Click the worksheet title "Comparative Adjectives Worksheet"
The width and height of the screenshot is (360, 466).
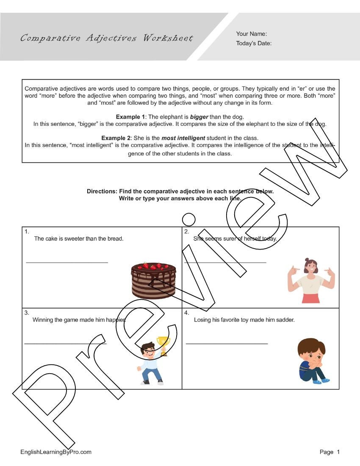coord(106,38)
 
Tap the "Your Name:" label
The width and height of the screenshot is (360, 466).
coord(252,34)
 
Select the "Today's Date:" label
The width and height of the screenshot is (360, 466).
coord(254,43)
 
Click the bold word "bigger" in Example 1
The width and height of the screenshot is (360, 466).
coord(199,116)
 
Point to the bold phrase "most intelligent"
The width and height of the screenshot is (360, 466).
coord(183,138)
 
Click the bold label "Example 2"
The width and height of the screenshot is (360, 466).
coord(116,138)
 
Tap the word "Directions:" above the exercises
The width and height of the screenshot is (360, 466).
coord(102,191)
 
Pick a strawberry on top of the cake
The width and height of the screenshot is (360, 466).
coord(146,265)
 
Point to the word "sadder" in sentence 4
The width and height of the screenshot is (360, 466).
coord(285,320)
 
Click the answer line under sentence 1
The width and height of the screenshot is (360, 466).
coord(67,263)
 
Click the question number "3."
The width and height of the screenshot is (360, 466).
coord(26,313)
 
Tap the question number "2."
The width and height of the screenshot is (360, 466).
coord(186,231)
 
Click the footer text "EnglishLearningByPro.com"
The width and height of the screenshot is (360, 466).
coord(56,452)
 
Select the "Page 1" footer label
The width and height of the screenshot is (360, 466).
coord(330,452)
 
